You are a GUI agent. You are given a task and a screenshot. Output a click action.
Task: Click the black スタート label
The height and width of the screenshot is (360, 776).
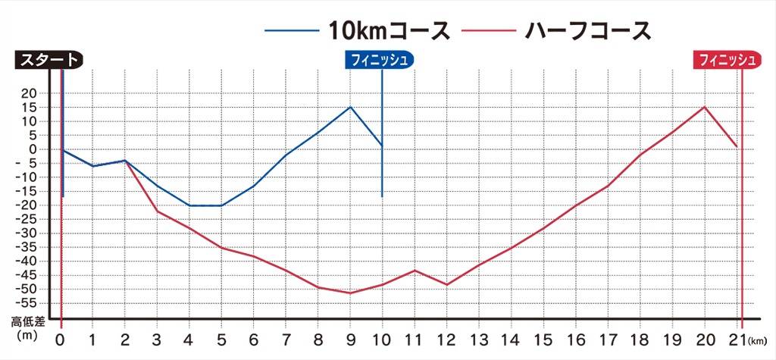[47, 60]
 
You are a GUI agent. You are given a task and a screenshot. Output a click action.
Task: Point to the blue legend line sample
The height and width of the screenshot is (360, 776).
[292, 31]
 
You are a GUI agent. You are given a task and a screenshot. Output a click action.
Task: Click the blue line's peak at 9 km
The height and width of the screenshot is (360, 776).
[350, 107]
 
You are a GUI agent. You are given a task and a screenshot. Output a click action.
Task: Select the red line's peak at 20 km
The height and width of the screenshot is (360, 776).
[705, 107]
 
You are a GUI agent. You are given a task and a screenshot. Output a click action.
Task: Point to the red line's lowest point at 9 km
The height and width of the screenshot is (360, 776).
[350, 293]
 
